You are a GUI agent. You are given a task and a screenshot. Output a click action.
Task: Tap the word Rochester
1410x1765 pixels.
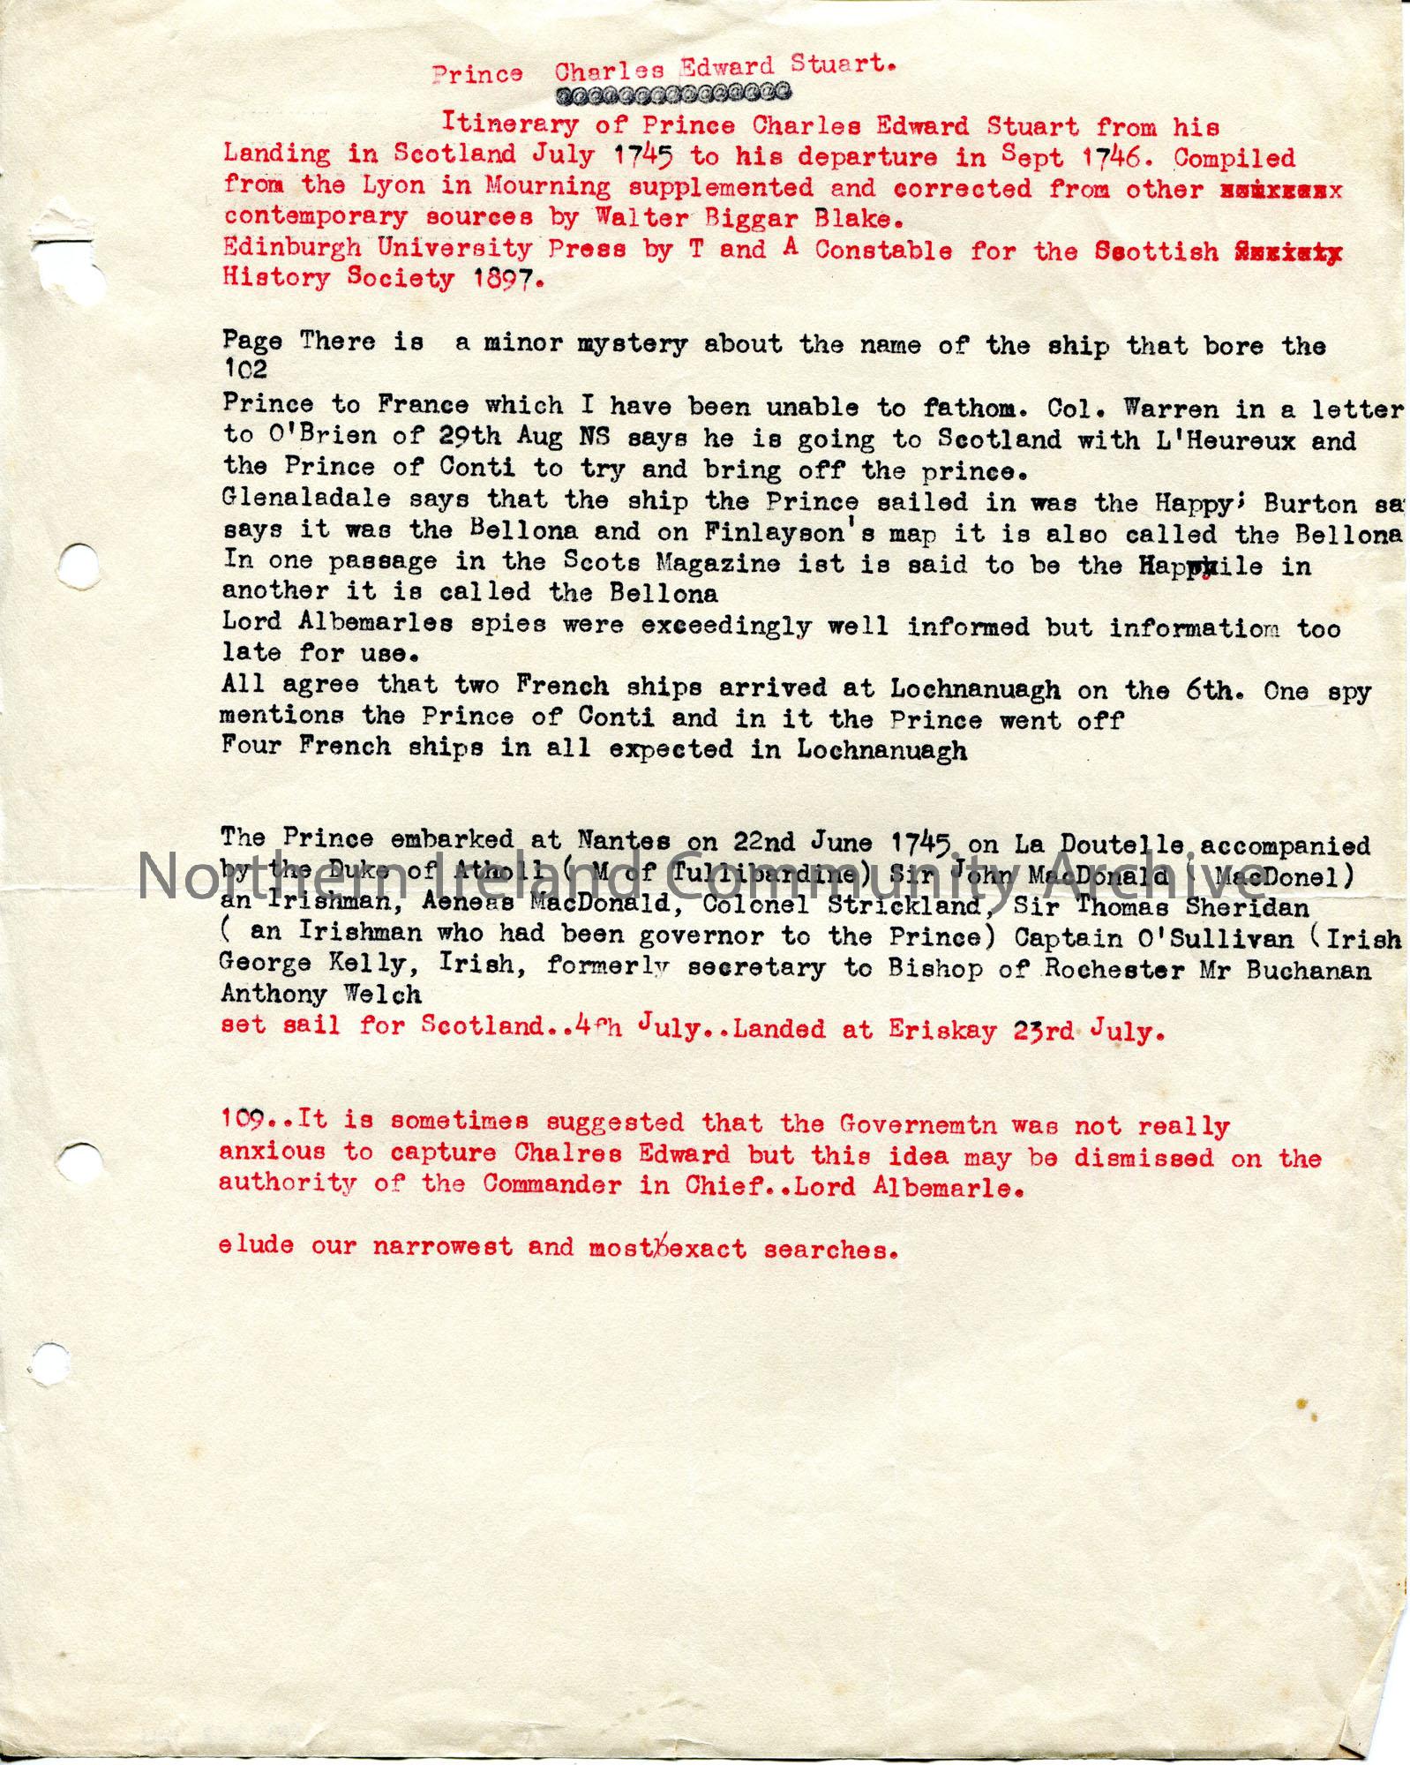click(1114, 969)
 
